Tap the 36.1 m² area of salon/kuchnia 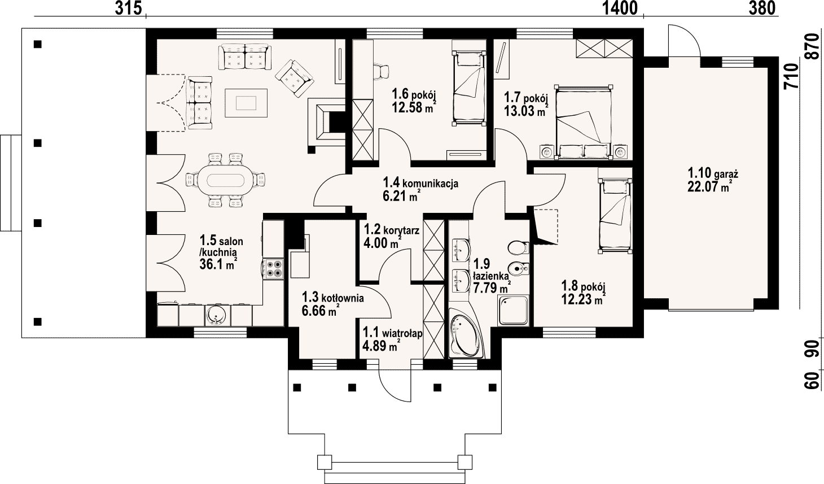[x=218, y=264]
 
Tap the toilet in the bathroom [x=518, y=248]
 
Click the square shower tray [x=513, y=311]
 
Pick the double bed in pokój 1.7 [x=584, y=122]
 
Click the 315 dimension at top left [x=128, y=8]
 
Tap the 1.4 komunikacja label [x=420, y=182]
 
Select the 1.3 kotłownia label [x=333, y=297]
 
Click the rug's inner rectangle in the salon [x=246, y=103]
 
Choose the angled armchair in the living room [x=295, y=79]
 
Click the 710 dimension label [x=792, y=76]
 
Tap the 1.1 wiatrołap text [x=392, y=333]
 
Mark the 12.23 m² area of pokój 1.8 [x=584, y=299]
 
